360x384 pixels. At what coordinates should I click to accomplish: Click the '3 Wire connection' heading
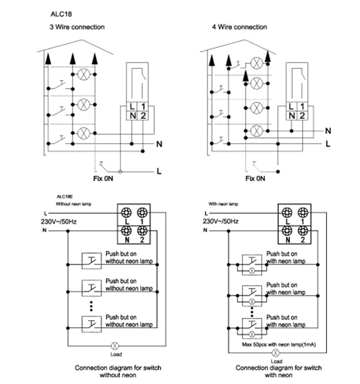77,27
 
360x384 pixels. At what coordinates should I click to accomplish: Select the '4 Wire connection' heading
239,27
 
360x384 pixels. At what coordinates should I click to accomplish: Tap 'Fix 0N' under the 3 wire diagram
104,178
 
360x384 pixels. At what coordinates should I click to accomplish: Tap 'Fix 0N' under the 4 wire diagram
255,178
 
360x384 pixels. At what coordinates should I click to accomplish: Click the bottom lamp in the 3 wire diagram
84,133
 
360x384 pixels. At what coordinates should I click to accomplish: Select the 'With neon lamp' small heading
224,203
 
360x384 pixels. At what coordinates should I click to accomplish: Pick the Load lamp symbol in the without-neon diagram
115,346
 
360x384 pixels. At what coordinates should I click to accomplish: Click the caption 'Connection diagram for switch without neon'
118,371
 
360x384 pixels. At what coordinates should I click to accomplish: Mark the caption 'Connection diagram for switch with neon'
279,371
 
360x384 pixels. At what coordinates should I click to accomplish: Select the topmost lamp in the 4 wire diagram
256,63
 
